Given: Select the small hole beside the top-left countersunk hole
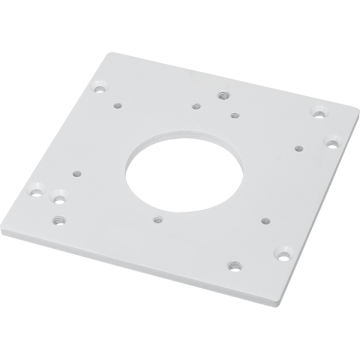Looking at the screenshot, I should pos(118,102).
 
